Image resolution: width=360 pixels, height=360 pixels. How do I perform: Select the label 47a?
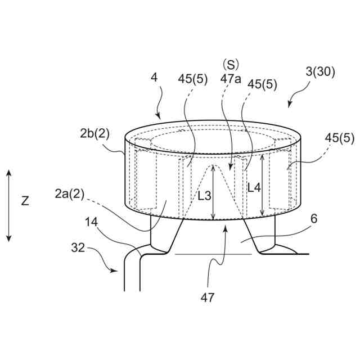tap(231, 79)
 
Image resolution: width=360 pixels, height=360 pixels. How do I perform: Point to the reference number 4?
tap(154, 78)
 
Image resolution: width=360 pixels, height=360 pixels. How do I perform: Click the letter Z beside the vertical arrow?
tap(25, 201)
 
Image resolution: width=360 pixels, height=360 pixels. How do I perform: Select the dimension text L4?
tap(254, 188)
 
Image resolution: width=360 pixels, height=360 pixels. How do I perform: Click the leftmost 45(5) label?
tap(192, 79)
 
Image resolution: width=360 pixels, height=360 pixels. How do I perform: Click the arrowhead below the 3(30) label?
tap(290, 105)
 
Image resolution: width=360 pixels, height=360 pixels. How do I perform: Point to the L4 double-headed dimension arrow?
tap(263, 186)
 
